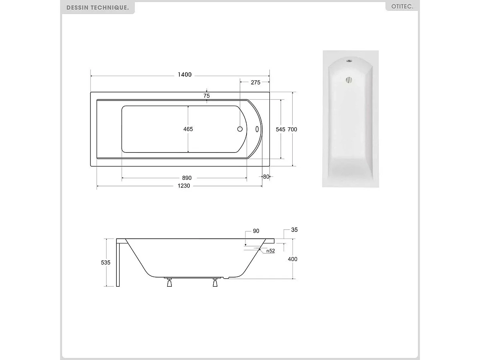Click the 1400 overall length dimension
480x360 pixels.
(185, 75)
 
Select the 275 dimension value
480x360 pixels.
(255, 82)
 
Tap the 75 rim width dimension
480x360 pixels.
(207, 96)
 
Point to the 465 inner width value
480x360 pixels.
(188, 129)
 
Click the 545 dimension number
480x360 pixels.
(281, 129)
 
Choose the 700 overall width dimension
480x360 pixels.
(293, 129)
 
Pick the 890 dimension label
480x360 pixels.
(187, 178)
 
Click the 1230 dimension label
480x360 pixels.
(184, 186)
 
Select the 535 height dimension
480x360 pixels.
(106, 262)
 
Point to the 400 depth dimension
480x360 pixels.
(293, 259)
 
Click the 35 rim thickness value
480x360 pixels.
(294, 230)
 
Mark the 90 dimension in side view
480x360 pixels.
(256, 231)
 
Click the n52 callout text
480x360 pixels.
(270, 251)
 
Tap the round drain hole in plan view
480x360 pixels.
(240, 129)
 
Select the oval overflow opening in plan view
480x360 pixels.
(257, 129)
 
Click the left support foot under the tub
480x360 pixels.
(169, 283)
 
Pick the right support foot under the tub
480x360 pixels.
(215, 283)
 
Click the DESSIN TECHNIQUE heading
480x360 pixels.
(98, 8)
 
